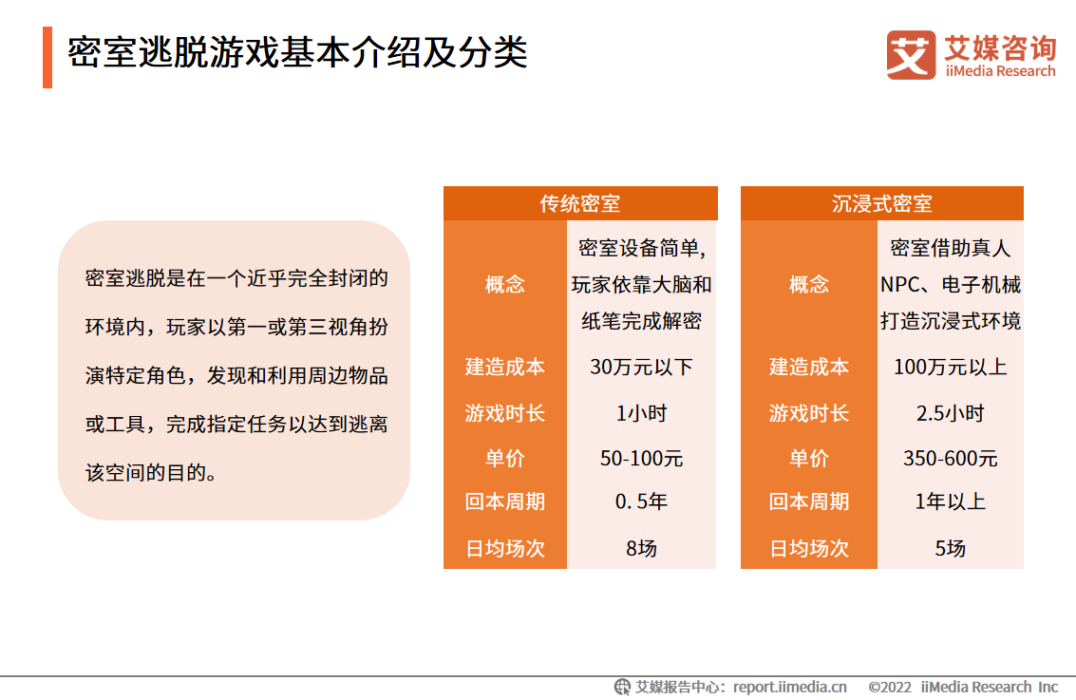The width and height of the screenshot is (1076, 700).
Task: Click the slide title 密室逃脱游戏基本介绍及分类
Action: point(297,52)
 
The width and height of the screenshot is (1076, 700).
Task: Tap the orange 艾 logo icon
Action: point(911,55)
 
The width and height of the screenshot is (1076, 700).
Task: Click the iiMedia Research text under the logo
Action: point(1000,71)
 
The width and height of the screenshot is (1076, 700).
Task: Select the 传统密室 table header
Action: point(580,204)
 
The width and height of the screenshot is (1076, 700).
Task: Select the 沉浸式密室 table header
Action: point(882,204)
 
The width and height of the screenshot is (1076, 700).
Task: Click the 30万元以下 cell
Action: point(641,368)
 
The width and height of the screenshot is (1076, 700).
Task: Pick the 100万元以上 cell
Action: point(950,368)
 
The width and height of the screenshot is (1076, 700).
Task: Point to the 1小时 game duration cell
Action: point(641,413)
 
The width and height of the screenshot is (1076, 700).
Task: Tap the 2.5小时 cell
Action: point(950,413)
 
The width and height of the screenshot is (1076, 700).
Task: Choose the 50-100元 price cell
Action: point(641,459)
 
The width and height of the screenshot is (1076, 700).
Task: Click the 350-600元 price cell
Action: point(950,459)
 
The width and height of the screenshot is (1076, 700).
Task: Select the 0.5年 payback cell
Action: point(641,501)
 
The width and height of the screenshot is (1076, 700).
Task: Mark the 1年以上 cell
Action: point(950,501)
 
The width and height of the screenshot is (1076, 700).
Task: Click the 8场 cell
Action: point(641,548)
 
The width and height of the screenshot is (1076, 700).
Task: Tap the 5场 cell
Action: point(950,548)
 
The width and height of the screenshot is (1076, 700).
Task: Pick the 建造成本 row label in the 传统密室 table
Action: point(505,368)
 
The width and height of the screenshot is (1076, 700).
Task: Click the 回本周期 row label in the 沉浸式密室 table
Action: point(808,501)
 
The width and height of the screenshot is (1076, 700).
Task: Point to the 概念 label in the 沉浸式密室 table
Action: point(808,284)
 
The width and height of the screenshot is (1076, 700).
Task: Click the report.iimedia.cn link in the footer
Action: point(789,687)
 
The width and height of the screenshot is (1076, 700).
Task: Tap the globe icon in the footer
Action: point(622,687)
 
